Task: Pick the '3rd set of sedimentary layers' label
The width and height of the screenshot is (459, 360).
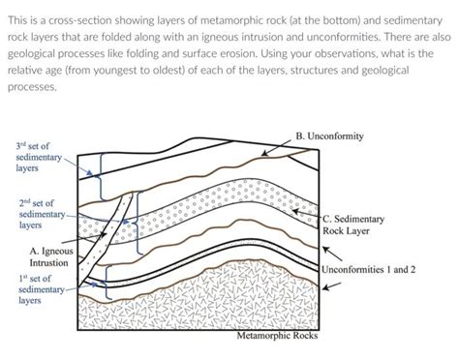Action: (x=38, y=155)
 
